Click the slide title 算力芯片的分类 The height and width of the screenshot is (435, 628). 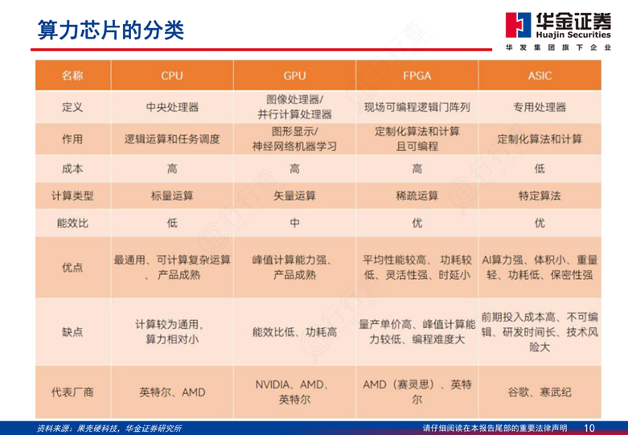111,30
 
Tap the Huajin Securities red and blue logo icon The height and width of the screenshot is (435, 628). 518,25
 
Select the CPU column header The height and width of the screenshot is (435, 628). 172,76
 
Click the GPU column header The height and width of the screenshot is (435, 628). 294,76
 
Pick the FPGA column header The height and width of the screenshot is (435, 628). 417,76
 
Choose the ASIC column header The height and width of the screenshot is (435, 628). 540,76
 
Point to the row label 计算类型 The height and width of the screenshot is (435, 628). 72,196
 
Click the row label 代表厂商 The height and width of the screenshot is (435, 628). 72,392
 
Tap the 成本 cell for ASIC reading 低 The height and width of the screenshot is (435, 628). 540,169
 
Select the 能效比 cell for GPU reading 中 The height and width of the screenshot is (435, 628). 294,223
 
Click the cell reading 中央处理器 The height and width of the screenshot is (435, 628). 172,107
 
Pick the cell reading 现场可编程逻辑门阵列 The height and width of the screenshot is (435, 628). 417,107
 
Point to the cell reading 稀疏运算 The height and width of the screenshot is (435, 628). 417,196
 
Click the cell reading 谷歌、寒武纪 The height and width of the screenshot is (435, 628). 540,392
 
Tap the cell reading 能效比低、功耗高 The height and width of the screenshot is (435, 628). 294,332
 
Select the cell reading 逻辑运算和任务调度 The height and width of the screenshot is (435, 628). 172,139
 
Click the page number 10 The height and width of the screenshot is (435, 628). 589,428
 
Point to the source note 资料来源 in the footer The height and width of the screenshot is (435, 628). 109,429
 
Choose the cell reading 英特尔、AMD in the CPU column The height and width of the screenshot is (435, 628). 172,392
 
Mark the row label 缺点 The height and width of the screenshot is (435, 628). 72,332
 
